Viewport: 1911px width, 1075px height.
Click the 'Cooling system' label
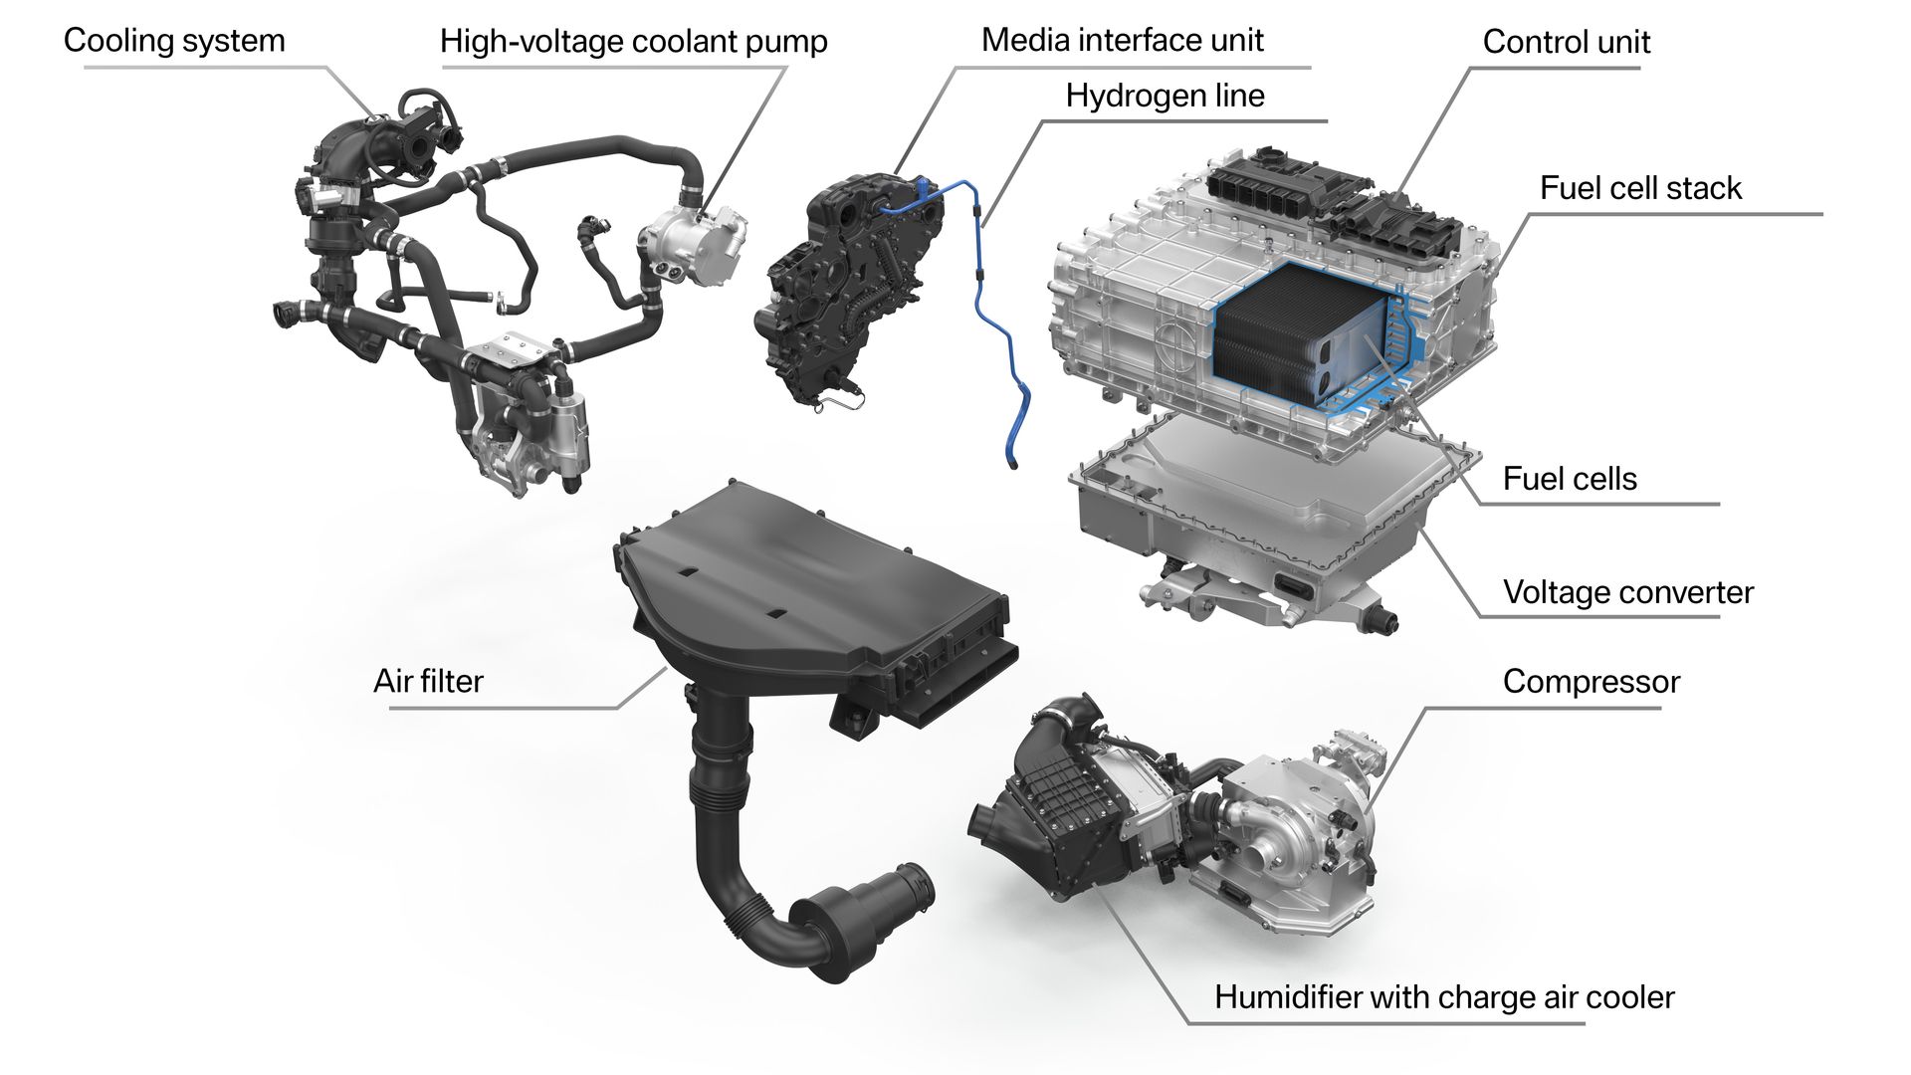(x=174, y=41)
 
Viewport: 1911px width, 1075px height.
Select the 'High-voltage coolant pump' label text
(x=634, y=41)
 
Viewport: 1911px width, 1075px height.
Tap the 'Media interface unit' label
(x=1122, y=40)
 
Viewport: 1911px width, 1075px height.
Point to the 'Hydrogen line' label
(x=1165, y=96)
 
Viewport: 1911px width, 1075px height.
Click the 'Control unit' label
(x=1566, y=42)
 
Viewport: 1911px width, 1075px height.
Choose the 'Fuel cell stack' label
(x=1640, y=188)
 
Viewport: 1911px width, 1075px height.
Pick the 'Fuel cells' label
(x=1570, y=479)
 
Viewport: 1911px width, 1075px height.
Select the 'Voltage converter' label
(x=1628, y=592)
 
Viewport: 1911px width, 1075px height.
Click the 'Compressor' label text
(x=1591, y=682)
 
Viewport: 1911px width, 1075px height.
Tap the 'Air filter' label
(x=428, y=681)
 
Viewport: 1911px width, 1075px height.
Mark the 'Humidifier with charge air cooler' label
(x=1444, y=997)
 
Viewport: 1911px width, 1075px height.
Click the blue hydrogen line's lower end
(x=1011, y=462)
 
